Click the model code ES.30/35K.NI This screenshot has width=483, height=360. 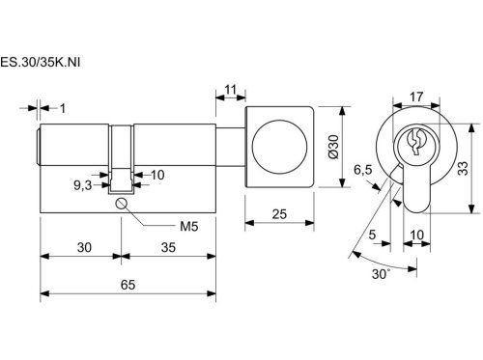(x=40, y=62)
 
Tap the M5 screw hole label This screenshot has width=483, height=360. (x=189, y=227)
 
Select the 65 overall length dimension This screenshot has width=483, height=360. (x=128, y=285)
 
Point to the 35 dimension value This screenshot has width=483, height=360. (x=168, y=247)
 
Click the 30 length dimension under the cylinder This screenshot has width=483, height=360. (x=84, y=247)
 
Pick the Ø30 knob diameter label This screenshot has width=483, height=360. (x=334, y=147)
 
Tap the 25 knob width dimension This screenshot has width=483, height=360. (x=279, y=214)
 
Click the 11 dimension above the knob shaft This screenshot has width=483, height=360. (x=231, y=90)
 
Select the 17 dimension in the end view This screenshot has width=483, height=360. (x=416, y=97)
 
